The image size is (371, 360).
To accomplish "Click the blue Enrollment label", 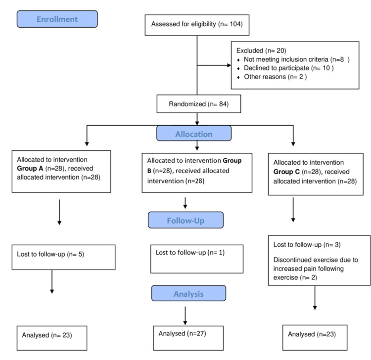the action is tap(57, 19).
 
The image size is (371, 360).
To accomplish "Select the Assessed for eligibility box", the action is tap(197, 25).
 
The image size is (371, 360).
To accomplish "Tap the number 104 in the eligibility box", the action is tap(236, 24).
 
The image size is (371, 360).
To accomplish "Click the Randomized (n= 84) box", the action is tap(199, 104).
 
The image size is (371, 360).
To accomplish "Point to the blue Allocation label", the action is tap(194, 134).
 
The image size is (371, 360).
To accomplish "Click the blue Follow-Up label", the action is tap(185, 220).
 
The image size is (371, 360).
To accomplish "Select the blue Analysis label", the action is tap(188, 293).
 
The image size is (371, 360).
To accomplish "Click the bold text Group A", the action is tap(30, 169).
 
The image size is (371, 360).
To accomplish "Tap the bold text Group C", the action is tap(286, 172).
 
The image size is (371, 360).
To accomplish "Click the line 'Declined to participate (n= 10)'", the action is tap(289, 68).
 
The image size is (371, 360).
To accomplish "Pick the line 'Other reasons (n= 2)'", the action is tap(276, 77).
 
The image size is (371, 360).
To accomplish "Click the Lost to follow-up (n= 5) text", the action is tap(50, 254).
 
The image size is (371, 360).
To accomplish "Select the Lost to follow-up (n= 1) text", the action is tap(190, 253).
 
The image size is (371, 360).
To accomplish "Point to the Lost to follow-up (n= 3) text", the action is tap(307, 245).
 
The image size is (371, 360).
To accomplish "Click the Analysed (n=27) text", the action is tap(182, 333).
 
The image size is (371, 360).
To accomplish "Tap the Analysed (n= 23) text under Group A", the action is tap(47, 335).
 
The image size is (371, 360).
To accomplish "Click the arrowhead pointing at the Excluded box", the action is tap(229, 65).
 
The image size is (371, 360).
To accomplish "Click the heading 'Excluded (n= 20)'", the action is tap(261, 50).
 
